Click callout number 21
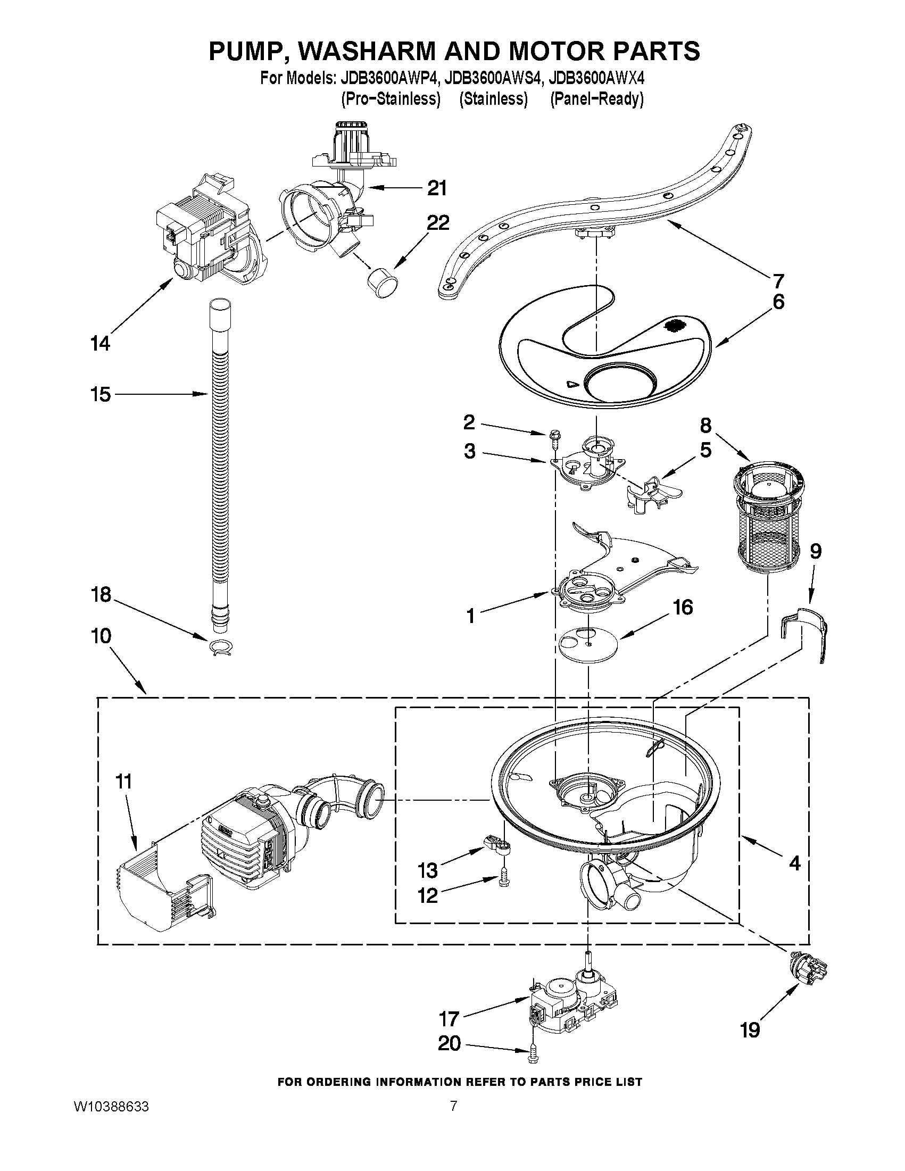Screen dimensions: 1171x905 click(x=437, y=188)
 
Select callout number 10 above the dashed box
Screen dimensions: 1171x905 click(x=101, y=636)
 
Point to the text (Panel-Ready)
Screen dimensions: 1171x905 click(x=596, y=99)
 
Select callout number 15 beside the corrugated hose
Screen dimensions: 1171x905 click(x=100, y=394)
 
